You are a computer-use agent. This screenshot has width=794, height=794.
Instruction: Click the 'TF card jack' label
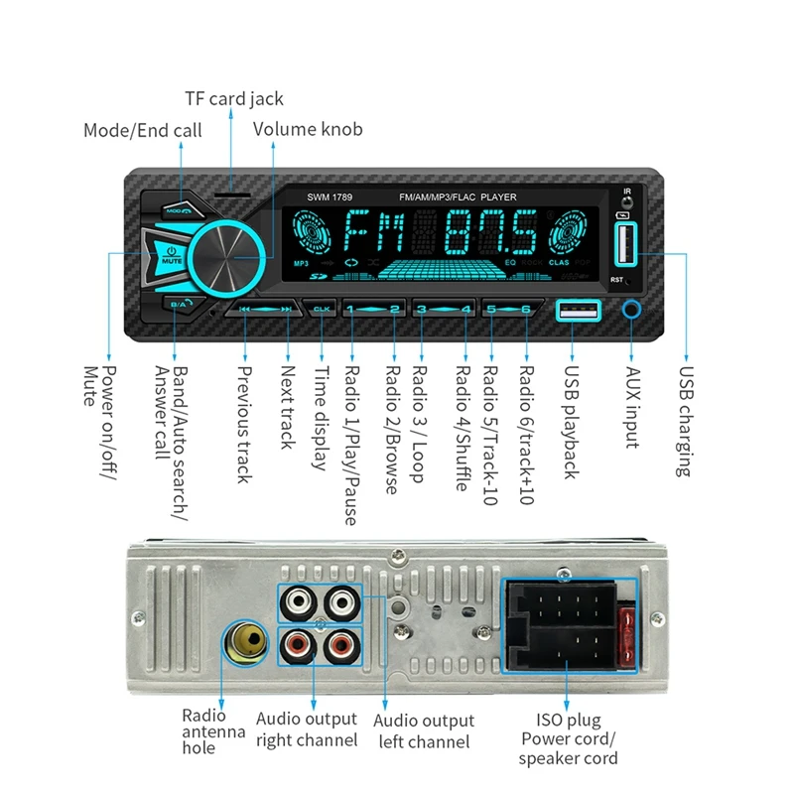click(x=234, y=98)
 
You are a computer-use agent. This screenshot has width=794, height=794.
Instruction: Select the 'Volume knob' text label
click(x=308, y=129)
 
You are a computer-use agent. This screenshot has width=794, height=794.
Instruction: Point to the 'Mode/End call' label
click(x=143, y=130)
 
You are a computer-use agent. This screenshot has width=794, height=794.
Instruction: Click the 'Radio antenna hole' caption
click(x=212, y=730)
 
